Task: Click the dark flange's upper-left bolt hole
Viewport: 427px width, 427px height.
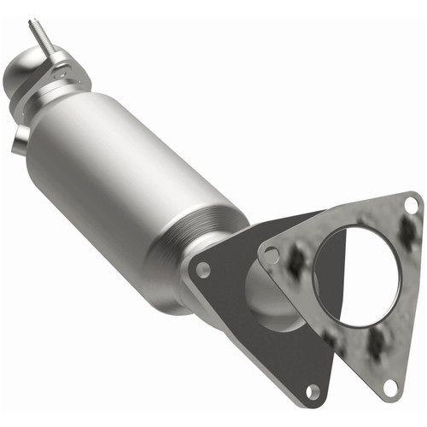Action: (x=202, y=269)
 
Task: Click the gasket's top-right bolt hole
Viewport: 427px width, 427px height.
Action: (x=411, y=205)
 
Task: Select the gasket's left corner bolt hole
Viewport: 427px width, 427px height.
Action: (x=272, y=254)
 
